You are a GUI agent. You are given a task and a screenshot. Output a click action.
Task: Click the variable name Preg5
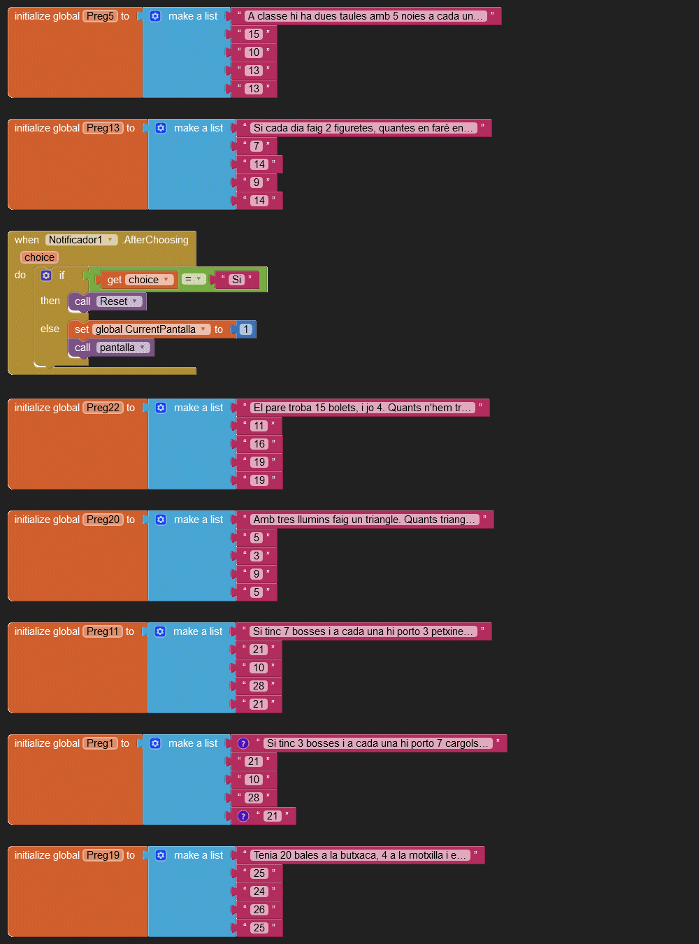[x=100, y=16]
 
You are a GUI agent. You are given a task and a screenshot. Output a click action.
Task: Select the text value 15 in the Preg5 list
[x=253, y=34]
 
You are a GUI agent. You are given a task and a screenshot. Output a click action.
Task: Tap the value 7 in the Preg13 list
[x=257, y=146]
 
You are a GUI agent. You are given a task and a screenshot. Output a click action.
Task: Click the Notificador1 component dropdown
[x=81, y=240]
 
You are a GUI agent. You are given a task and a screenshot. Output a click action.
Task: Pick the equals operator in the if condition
[x=193, y=279]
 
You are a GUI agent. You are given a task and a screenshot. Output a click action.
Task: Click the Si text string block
[x=237, y=280]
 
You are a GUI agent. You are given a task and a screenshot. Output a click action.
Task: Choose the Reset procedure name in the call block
[x=119, y=301]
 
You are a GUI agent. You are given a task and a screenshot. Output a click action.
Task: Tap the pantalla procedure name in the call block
[x=122, y=348]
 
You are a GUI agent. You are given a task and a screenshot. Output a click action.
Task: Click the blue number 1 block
[x=245, y=329]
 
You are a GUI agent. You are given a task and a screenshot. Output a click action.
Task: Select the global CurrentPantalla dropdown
[x=151, y=329]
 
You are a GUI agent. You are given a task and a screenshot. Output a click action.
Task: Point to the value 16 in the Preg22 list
[x=259, y=444]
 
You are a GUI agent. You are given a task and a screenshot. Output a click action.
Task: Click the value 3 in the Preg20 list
[x=257, y=556]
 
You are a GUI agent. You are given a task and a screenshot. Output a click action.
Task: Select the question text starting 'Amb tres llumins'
[x=363, y=520]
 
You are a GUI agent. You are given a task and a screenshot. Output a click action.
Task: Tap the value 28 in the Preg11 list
[x=259, y=686]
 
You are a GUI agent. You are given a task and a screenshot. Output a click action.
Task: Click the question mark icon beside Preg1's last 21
[x=243, y=816]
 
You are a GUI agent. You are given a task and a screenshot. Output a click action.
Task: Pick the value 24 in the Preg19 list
[x=259, y=892]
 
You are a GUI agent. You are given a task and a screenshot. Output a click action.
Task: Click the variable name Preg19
[x=103, y=855]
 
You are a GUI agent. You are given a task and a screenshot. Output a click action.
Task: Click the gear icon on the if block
[x=46, y=276]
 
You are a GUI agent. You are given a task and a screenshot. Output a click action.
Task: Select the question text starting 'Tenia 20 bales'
[x=359, y=855]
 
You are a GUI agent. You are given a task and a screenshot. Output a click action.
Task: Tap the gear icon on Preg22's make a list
[x=161, y=408]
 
